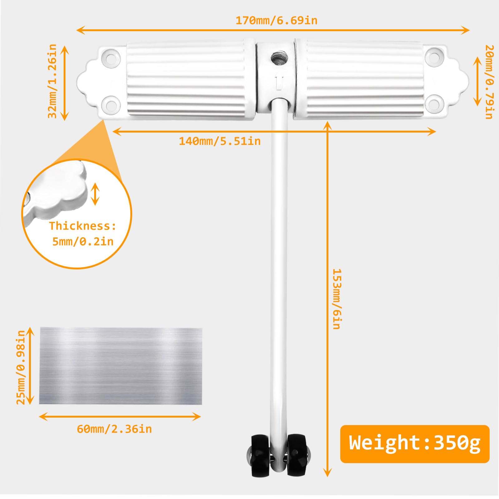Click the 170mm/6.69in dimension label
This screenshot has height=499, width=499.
click(276, 21)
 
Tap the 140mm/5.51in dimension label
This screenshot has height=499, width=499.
click(220, 141)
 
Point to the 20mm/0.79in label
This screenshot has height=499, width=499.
click(489, 82)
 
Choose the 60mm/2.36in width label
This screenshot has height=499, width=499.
click(114, 429)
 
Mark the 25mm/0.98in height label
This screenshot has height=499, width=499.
click(21, 367)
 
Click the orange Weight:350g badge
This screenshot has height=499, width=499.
click(414, 443)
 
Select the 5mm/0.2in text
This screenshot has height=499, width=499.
click(83, 241)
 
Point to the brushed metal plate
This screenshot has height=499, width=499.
click(120, 366)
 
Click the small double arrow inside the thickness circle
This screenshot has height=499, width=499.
click(95, 194)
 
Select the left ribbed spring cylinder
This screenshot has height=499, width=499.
click(187, 80)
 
